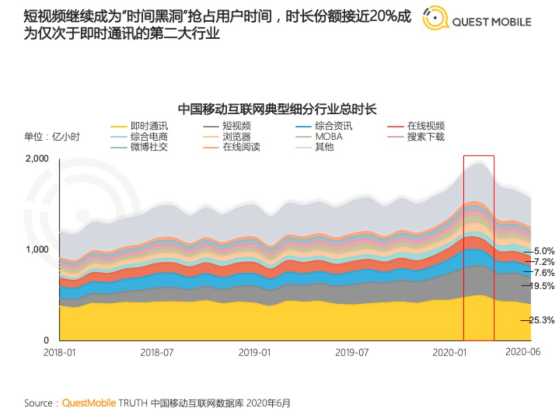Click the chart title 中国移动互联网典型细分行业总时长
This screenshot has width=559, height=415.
[x=277, y=109]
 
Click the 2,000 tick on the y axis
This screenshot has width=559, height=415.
[x=37, y=158]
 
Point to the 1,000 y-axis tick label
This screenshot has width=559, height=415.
[x=37, y=249]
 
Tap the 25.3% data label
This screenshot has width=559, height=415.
[x=542, y=321]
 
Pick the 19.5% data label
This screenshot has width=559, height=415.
[x=542, y=286]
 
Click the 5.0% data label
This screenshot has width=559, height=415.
[x=542, y=250]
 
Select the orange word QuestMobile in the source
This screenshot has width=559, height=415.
[x=89, y=403]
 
